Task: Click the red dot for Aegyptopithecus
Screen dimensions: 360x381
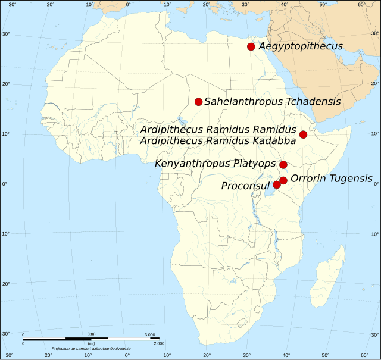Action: pos(251,46)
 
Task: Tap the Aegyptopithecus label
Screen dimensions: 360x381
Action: pos(301,46)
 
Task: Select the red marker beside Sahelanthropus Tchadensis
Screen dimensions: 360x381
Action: pos(199,102)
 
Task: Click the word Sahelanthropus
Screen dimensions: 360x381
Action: pos(243,102)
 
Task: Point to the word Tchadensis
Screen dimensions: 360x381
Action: pos(313,102)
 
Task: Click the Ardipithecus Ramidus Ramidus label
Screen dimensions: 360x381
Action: pos(217,130)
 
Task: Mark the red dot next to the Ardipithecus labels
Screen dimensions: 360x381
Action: pos(303,134)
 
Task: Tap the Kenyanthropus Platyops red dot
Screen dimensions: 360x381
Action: pos(283,165)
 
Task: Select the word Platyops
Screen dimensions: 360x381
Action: pos(255,164)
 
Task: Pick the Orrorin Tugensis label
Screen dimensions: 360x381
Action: pos(331,179)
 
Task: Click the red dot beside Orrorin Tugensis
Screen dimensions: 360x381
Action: pos(283,180)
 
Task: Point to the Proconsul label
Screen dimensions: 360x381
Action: pos(246,186)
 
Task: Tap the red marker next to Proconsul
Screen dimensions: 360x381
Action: pos(277,185)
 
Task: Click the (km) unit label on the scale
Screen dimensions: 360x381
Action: pos(91,334)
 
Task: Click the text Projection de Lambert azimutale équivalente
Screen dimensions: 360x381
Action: pos(91,348)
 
